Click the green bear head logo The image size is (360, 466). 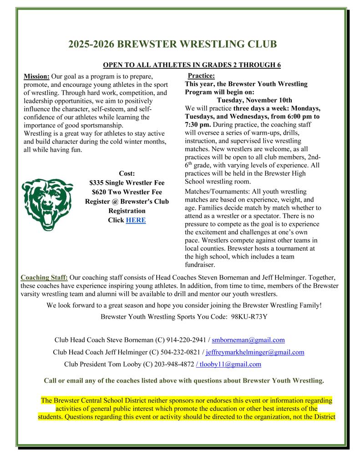tap(48, 204)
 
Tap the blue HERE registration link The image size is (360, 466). tap(136, 220)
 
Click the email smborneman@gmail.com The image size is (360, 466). tap(248, 340)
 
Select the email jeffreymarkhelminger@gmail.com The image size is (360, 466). tap(255, 352)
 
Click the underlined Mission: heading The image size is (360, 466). tap(36, 76)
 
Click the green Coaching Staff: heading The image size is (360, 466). tap(44, 277)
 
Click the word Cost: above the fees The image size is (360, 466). tap(127, 173)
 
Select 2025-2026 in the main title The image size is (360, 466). tap(91, 44)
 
